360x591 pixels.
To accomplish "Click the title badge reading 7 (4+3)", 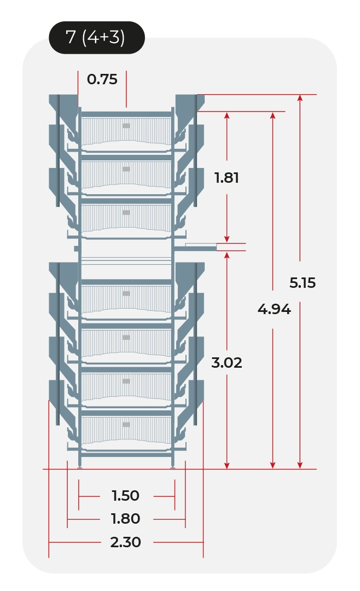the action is (x=97, y=38).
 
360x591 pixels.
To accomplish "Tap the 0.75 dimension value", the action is (x=102, y=79).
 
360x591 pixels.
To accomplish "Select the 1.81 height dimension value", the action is (x=227, y=177).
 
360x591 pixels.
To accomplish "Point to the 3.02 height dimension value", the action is (x=227, y=363).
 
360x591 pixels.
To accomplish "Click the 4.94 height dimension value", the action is (x=274, y=309).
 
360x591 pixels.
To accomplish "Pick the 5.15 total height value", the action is (x=303, y=283).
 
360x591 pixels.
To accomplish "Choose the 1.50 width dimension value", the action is (x=125, y=496).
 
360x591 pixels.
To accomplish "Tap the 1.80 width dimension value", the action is (x=125, y=519).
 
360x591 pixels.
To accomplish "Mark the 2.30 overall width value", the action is (x=125, y=542).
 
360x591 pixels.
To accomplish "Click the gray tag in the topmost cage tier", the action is (x=126, y=126).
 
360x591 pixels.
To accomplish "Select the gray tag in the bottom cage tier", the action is (x=126, y=425).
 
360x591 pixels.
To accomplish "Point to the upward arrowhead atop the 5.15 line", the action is (x=300, y=98).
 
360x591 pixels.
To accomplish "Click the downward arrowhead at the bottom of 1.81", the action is (x=227, y=239).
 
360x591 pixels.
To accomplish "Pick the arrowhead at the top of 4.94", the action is (x=272, y=115).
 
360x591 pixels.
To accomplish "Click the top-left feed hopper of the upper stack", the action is (x=64, y=107).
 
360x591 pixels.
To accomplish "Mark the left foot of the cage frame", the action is (x=79, y=467).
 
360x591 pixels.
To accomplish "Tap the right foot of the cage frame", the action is (x=173, y=467).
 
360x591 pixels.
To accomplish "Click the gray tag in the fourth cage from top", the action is (x=126, y=294).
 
